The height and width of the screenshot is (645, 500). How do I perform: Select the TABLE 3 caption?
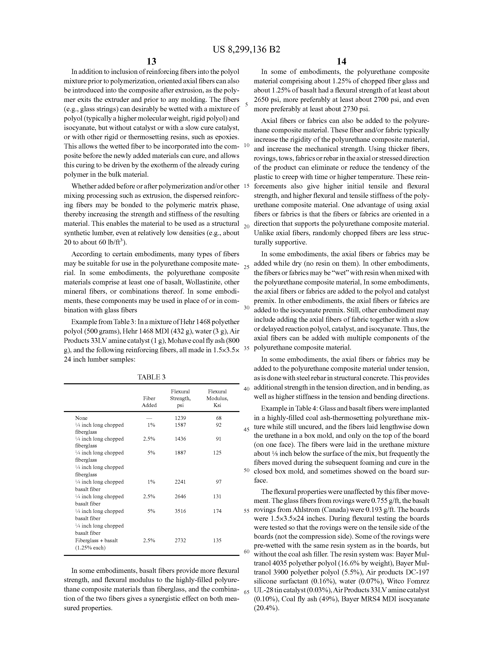pyautogui.click(x=151, y=377)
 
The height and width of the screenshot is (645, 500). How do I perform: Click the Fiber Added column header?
pyautogui.click(x=149, y=402)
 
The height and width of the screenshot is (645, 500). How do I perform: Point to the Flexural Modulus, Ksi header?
pyautogui.click(x=217, y=398)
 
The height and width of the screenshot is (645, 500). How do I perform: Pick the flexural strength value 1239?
pyautogui.click(x=180, y=418)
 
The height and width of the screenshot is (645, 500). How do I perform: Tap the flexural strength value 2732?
pyautogui.click(x=180, y=540)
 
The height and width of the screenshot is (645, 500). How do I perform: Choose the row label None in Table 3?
pyautogui.click(x=81, y=418)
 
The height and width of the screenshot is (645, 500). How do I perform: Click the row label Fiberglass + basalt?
pyautogui.click(x=96, y=540)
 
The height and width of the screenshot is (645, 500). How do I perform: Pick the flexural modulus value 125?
pyautogui.click(x=217, y=453)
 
